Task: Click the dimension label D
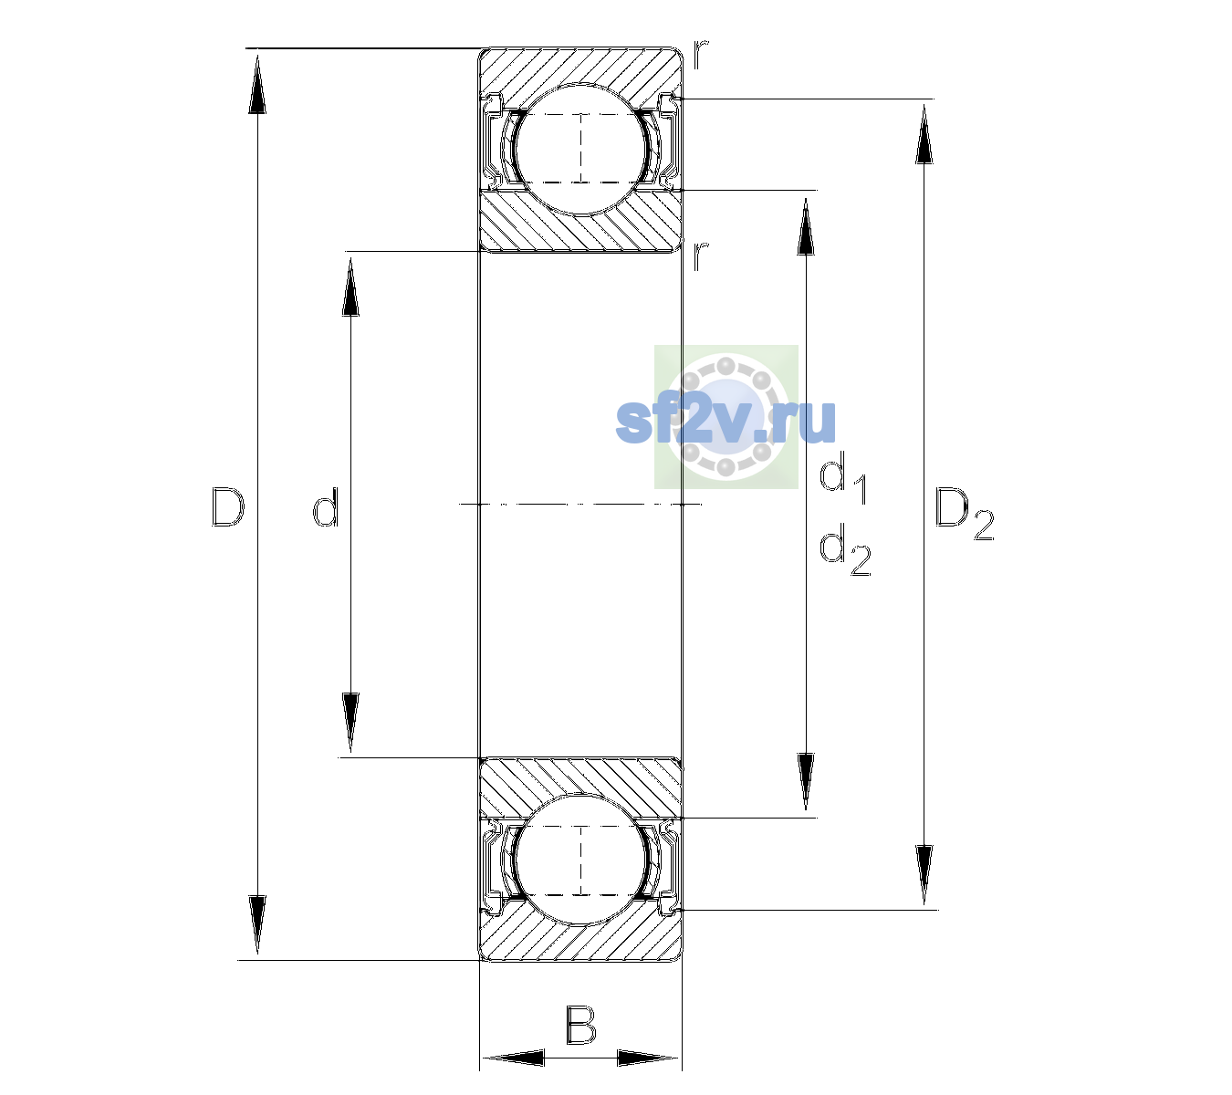227,506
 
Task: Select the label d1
843,480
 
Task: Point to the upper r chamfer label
700,54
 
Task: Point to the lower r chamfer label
701,256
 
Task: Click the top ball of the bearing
581,149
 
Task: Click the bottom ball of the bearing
581,859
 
